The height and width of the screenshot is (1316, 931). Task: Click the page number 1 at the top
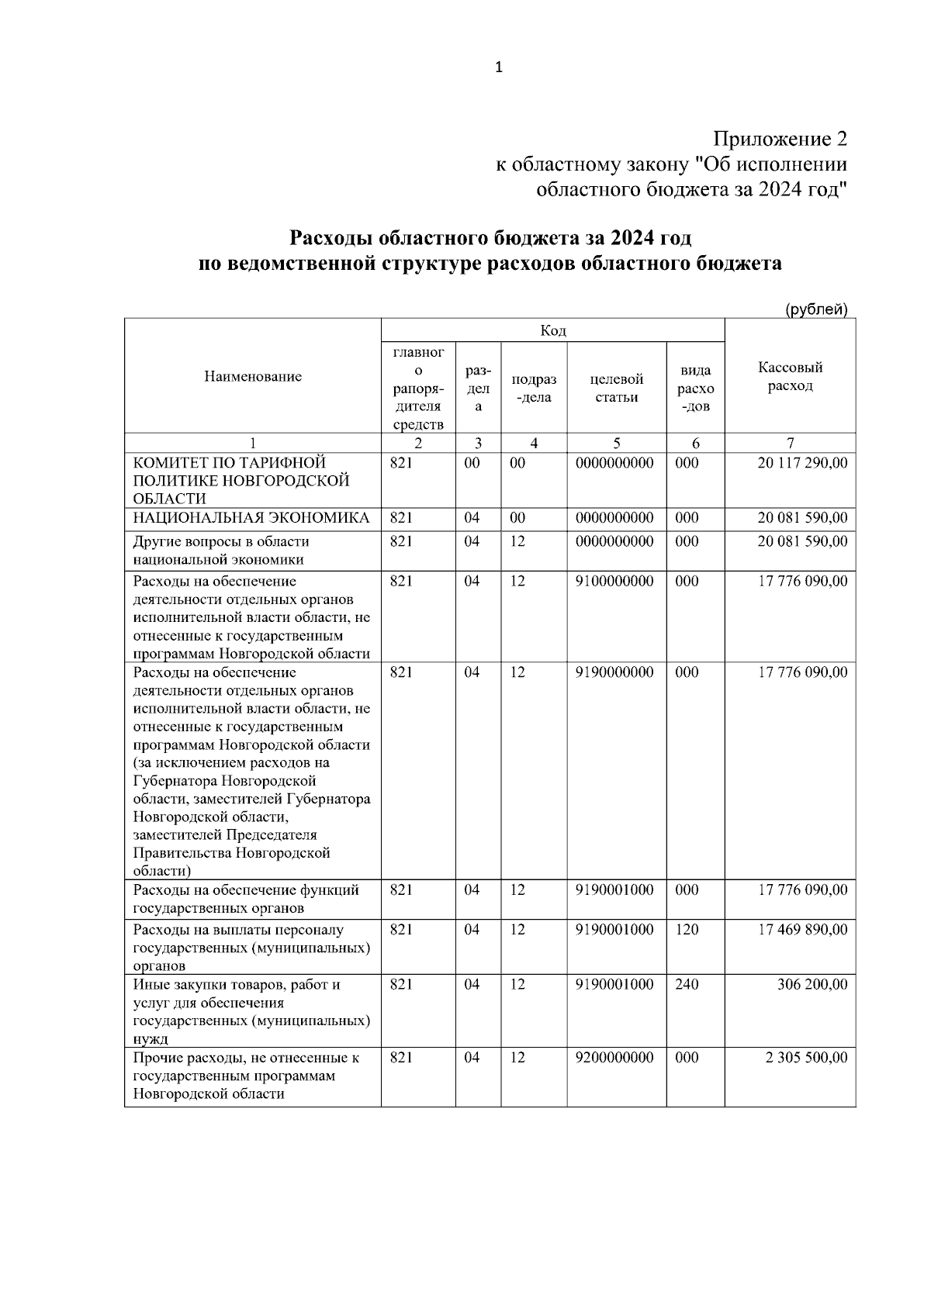499,67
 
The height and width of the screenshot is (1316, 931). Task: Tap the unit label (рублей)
816,309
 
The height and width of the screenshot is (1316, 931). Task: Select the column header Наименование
253,377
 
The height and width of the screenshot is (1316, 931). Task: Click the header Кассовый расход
790,377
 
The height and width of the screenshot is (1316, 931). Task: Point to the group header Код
552,331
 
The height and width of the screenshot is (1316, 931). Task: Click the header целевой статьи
616,388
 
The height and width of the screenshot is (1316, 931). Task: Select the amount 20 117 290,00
802,463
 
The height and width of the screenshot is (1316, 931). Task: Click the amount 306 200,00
812,984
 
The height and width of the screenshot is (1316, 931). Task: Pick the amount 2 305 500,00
807,1057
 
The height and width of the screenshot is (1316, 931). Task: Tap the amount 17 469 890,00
802,929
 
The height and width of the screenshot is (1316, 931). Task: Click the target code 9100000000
614,581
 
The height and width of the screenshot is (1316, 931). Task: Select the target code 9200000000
614,1057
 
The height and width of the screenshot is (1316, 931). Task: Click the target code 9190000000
614,672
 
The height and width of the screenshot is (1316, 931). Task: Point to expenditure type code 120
687,929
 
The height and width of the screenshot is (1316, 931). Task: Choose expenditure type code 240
687,984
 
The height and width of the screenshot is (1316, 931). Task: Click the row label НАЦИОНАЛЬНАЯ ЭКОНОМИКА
251,518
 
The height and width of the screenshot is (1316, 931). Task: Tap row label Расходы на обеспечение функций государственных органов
246,899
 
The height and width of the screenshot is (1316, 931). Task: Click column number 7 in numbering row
790,444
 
